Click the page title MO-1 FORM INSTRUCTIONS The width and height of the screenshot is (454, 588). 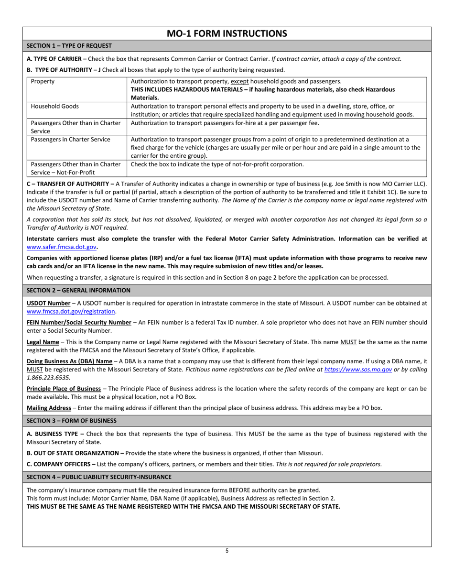[x=227, y=33]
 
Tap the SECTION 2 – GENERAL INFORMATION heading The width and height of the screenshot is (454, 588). [x=78, y=290]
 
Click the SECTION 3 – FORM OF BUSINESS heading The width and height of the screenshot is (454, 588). [x=72, y=421]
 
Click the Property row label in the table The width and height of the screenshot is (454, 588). [x=43, y=82]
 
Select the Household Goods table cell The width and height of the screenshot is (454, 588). [x=55, y=107]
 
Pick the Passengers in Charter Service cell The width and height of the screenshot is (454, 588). [x=70, y=140]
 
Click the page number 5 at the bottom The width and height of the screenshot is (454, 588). [x=227, y=551]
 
